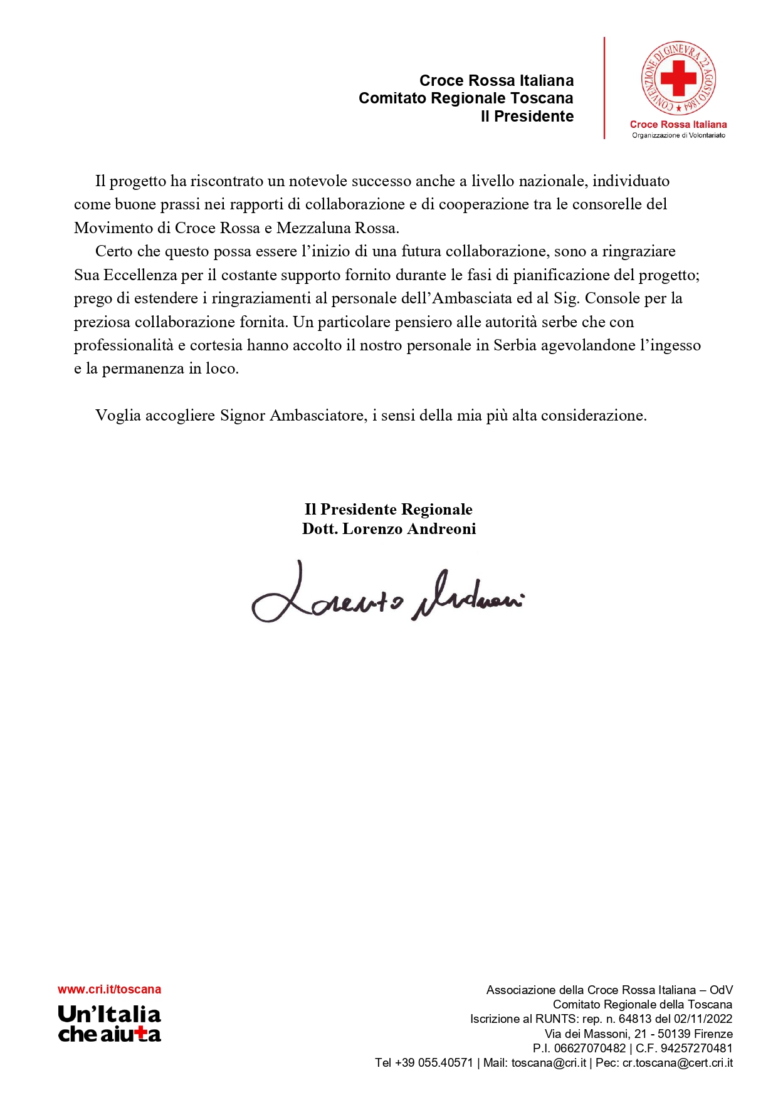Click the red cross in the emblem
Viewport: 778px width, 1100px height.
coord(678,78)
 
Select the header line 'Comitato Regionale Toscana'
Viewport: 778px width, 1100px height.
coord(466,98)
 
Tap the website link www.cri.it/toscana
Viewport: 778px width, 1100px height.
coord(109,989)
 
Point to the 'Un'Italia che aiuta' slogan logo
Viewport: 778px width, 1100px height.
coord(109,1024)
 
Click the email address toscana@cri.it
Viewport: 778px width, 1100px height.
coord(549,1062)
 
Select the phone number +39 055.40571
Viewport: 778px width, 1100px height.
coord(434,1062)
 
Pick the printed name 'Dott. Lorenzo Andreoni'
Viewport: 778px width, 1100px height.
coord(389,529)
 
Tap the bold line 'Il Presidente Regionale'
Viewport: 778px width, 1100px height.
coord(389,510)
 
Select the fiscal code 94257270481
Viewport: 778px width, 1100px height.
coord(696,1048)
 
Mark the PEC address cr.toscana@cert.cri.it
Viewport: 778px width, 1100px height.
coord(677,1062)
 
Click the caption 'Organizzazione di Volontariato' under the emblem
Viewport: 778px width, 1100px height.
coord(678,135)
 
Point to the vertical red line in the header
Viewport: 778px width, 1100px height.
coord(604,88)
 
